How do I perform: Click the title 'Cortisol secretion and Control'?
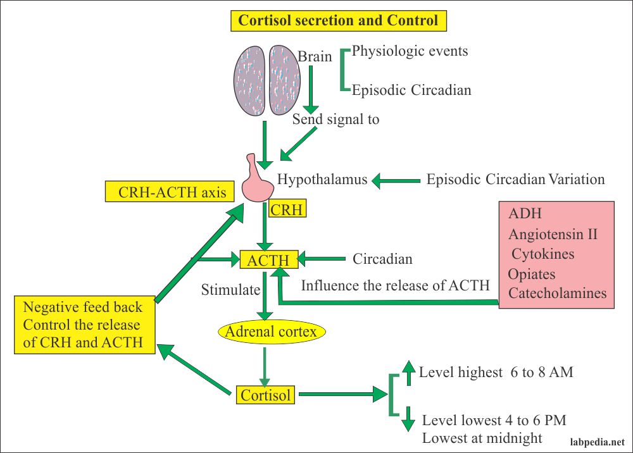coord(337,20)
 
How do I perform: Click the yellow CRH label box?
coord(286,209)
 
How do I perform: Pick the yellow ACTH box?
coord(268,259)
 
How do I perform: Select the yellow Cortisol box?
coord(266,395)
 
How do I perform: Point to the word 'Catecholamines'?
coord(557,293)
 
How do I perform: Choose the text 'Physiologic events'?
coord(410,51)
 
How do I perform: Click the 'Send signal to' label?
coord(335,119)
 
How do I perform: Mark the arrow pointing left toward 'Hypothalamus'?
coord(396,181)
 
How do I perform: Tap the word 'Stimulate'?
coord(231,290)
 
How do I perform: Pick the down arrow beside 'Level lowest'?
coord(409,418)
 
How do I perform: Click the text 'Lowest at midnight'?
coord(482,438)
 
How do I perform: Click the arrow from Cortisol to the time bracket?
coord(342,395)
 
